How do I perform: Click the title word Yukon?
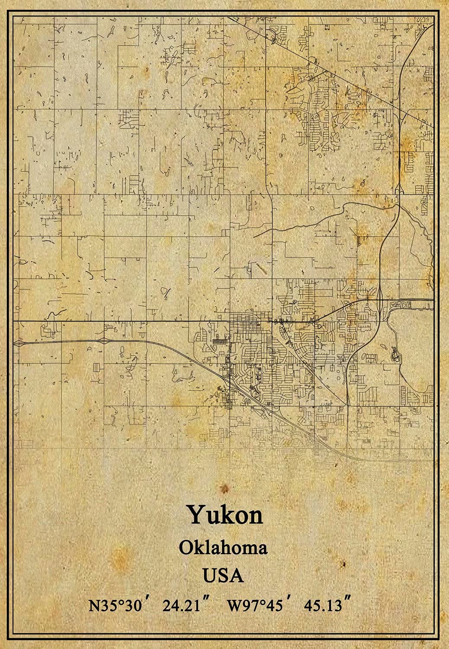pos(224,515)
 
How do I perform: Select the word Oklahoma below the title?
pos(223,548)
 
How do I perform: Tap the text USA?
pos(223,575)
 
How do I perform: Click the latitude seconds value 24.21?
pos(182,605)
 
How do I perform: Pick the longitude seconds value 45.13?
pos(323,605)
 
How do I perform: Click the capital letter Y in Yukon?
pos(196,515)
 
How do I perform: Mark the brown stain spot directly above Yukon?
pos(224,489)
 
